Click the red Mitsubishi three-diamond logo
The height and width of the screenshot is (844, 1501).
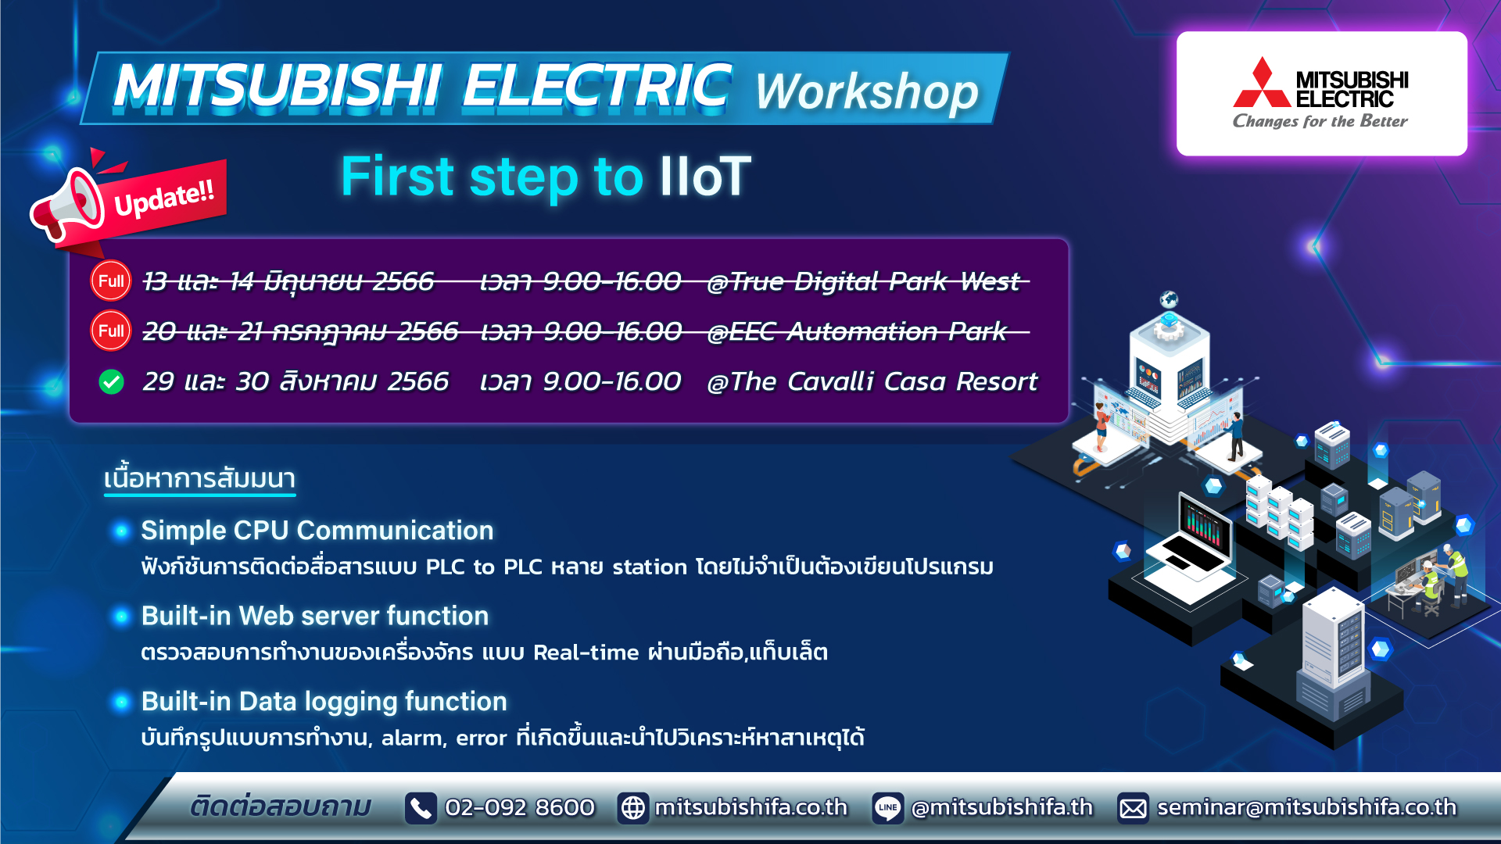coord(1261,84)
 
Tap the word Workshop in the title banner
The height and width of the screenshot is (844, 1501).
coord(866,92)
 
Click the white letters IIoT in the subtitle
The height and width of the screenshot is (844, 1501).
coord(705,177)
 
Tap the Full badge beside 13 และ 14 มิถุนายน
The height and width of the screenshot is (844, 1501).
coord(111,281)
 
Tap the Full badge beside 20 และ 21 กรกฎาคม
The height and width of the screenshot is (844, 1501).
coord(111,331)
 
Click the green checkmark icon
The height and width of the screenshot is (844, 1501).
coord(111,382)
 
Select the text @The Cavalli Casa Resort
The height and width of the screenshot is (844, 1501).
coord(872,382)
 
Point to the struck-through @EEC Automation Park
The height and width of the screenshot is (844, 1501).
coord(857,332)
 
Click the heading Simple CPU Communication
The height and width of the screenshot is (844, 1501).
coord(317,531)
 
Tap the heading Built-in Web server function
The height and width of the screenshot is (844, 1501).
coord(314,616)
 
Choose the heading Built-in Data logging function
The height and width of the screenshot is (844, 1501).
coord(324,702)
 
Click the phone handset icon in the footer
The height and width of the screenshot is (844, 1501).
coord(421,808)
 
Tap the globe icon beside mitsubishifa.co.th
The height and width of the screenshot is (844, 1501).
coord(632,808)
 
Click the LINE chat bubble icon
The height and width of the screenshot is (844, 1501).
coord(887,808)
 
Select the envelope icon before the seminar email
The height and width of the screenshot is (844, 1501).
coord(1133,808)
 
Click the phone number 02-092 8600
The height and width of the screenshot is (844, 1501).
coord(520,807)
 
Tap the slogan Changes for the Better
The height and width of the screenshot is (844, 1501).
coord(1320,121)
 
